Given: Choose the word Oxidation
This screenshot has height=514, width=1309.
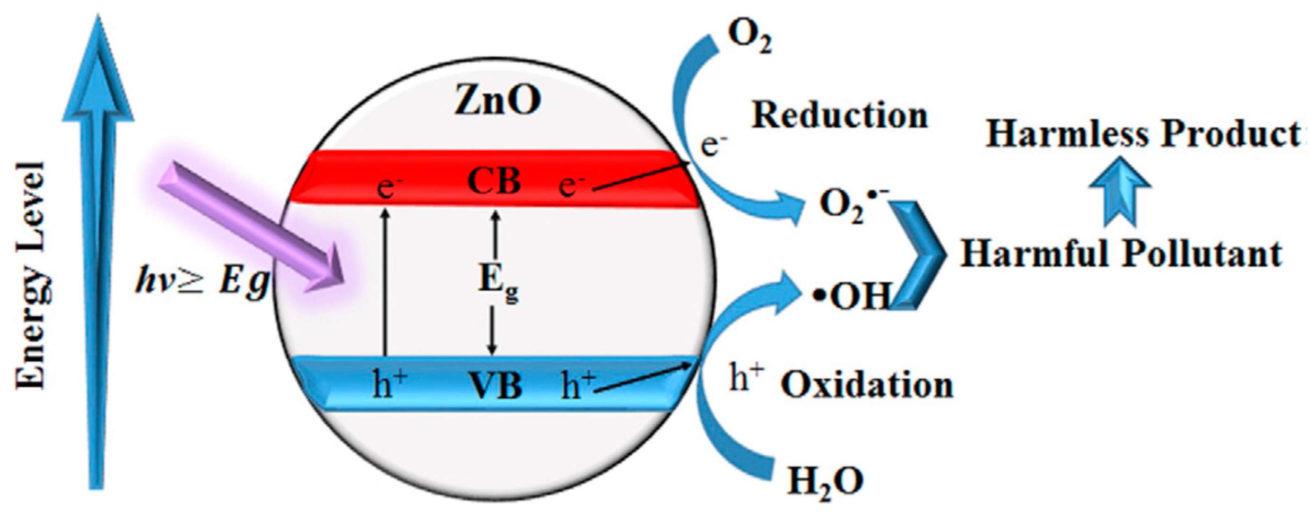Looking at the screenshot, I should [866, 385].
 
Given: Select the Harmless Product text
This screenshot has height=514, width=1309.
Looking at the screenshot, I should [1143, 134].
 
